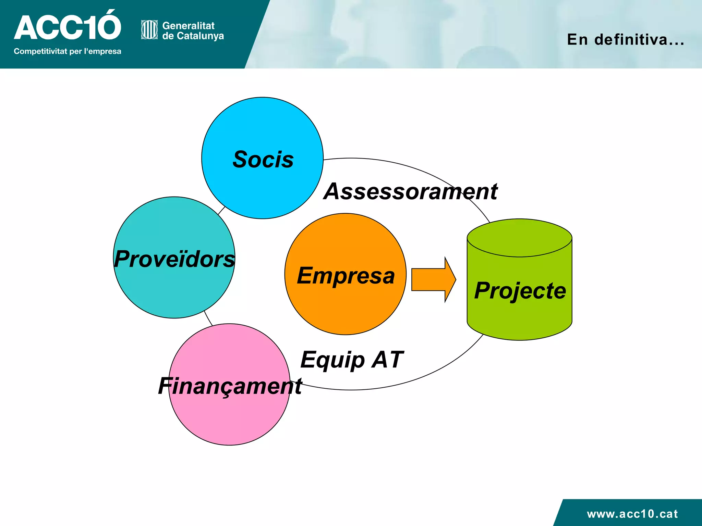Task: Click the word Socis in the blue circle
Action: pos(263,160)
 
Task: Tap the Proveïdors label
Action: pos(174,259)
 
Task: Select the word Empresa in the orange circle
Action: pos(346,275)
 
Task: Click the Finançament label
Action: pos(230,386)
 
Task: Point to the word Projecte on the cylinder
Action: pos(520,291)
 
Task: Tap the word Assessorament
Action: pos(410,191)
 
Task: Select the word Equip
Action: pos(332,360)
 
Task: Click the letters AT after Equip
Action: pos(388,360)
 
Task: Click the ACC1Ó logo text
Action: pos(67,27)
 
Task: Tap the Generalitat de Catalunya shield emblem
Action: pos(149,30)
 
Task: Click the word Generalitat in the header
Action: pos(188,26)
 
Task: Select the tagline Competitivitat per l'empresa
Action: pos(67,51)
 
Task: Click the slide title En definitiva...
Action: pos(625,40)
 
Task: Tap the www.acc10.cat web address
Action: pos(632,514)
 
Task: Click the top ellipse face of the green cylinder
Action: pos(519,238)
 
